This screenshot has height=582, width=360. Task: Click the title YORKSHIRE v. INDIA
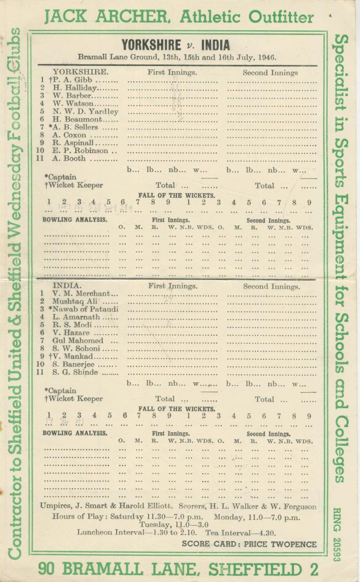coord(176,45)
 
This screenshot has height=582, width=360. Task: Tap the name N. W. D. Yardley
coord(85,112)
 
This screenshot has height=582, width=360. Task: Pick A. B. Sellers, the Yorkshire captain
coord(76,127)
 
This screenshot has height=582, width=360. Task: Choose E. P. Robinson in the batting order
coord(80,151)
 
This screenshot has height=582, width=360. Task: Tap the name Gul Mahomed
coord(78,340)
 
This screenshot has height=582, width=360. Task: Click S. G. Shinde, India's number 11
coord(75,372)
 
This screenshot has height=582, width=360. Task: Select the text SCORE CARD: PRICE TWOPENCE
coord(249,544)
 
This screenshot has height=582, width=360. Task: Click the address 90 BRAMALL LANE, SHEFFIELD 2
coord(178,569)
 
